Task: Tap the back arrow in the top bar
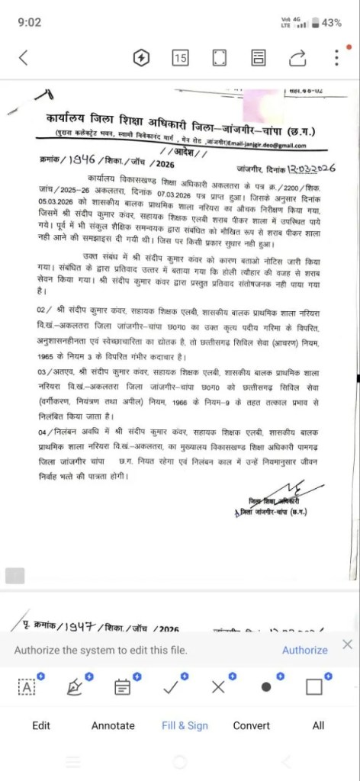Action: tap(24, 57)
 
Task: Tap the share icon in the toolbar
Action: tap(298, 58)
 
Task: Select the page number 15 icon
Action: tap(180, 58)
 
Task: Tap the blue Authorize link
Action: tap(304, 650)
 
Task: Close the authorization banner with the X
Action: tap(347, 645)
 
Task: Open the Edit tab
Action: tap(41, 725)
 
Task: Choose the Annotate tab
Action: tap(113, 725)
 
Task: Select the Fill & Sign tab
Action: tap(185, 725)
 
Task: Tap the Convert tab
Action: tap(251, 725)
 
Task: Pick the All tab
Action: tap(318, 725)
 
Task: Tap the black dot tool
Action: tap(266, 686)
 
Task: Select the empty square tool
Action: tap(313, 686)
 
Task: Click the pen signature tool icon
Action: tap(75, 686)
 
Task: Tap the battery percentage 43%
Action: tap(331, 23)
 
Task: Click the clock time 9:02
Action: tap(28, 23)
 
